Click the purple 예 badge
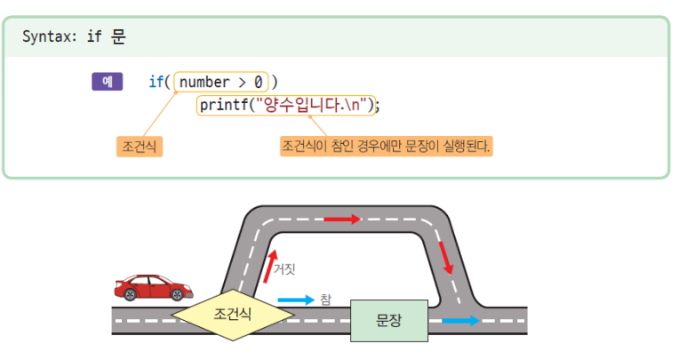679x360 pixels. pos(107,82)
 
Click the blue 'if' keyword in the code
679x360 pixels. pos(156,82)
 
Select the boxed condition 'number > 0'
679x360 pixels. pos(220,82)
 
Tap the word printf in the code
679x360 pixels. pos(224,105)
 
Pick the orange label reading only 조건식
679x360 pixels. pos(139,147)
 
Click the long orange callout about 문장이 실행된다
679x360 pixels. pos(386,146)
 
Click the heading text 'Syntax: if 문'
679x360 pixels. pos(74,36)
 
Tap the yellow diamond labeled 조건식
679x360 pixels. pos(233,315)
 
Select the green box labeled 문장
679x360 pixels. pos(389,321)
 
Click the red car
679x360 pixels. pos(153,287)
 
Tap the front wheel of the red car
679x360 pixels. pos(177,294)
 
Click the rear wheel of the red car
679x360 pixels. pos(130,294)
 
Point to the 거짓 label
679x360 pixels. pos(284,269)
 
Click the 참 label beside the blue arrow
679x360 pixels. pos(325,300)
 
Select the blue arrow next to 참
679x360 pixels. pos(296,300)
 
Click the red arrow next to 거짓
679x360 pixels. pos(270,267)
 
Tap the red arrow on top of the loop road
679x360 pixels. pos(342,220)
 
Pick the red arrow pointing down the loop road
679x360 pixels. pos(446,258)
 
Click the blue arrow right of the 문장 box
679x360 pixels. pos(461,321)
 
